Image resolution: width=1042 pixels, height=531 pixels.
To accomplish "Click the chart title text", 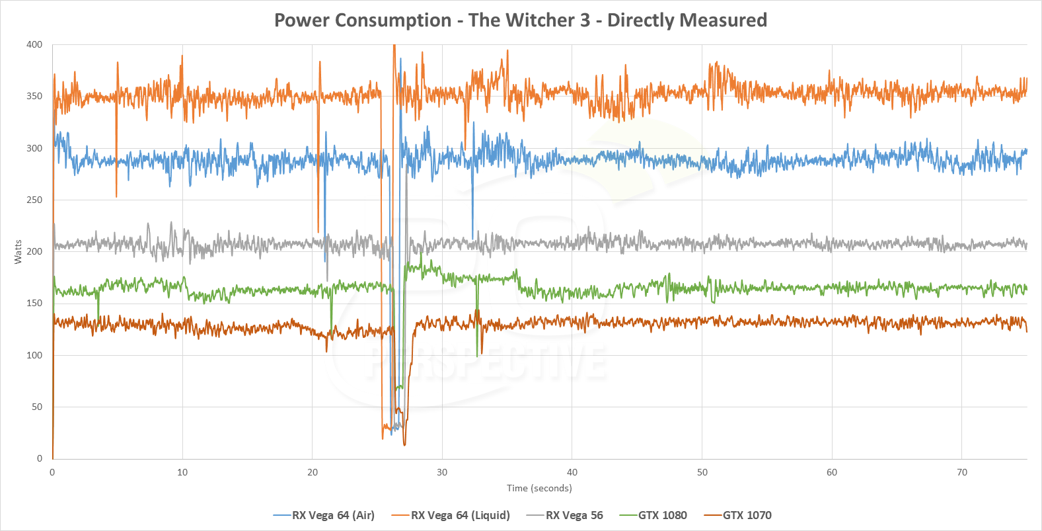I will pos(521,20).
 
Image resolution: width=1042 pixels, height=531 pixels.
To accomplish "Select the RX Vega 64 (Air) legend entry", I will pos(333,515).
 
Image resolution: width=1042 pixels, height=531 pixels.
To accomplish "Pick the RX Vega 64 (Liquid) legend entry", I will pos(460,515).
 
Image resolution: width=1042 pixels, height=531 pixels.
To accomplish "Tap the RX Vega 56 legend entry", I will pos(574,515).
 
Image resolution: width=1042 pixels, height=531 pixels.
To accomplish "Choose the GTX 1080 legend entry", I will pos(662,515).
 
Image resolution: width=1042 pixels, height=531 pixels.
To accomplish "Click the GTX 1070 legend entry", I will pos(747,515).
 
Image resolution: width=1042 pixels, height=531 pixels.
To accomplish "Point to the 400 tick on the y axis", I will pos(34,45).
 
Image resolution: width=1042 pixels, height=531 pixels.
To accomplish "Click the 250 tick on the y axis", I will pos(34,200).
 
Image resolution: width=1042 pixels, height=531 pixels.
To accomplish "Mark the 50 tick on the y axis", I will pos(37,407).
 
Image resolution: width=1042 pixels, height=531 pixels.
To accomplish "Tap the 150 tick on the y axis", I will pos(34,304).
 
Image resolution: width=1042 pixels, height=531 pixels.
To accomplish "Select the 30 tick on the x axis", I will pos(442,472).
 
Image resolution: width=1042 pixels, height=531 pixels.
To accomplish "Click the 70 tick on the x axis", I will pos(962,472).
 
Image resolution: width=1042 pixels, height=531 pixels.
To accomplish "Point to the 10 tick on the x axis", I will pos(182,472).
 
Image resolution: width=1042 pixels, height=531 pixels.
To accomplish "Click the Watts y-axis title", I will pos(18,252).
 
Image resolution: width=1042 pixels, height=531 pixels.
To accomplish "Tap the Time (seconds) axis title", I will pos(539,488).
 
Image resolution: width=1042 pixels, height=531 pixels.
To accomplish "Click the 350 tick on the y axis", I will pos(34,97).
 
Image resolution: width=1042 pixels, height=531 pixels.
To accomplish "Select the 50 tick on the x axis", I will pos(702,472).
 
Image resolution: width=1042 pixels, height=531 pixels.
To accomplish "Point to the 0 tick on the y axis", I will pos(40,458).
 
